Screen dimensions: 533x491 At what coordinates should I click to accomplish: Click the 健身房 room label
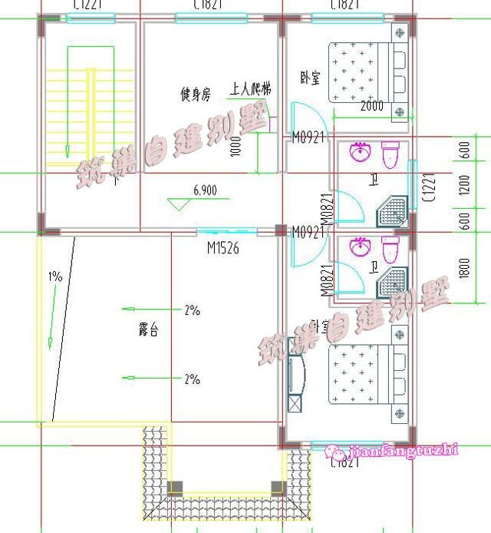click(x=196, y=95)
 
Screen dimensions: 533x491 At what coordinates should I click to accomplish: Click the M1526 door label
click(x=224, y=248)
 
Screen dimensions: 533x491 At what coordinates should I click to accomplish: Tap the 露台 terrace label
click(x=148, y=332)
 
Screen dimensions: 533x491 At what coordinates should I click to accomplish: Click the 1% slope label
click(x=55, y=276)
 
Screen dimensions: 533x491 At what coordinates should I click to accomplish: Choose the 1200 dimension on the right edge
click(x=466, y=184)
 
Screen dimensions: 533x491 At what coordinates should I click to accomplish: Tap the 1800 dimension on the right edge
click(x=466, y=265)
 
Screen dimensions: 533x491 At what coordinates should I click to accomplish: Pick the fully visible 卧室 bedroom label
click(x=311, y=78)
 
